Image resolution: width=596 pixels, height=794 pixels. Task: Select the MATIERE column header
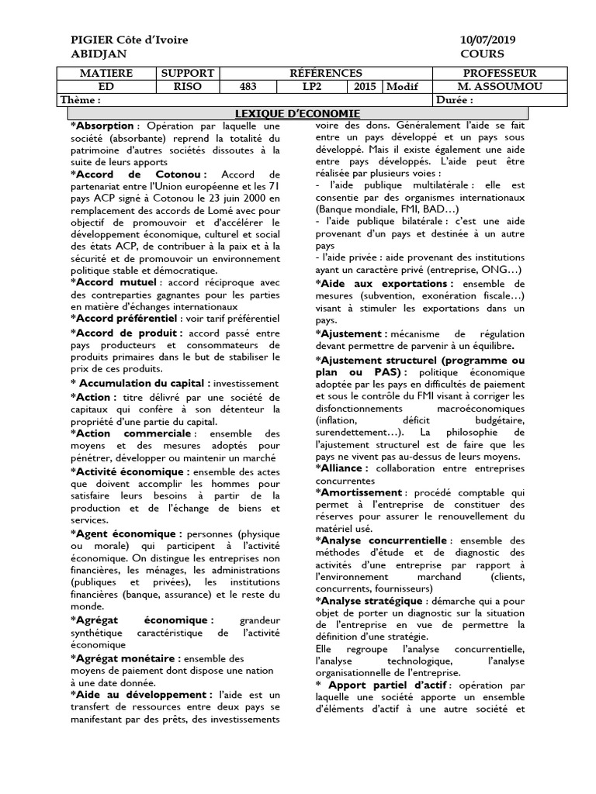[x=106, y=73]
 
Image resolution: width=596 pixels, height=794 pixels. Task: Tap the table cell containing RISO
[x=186, y=87]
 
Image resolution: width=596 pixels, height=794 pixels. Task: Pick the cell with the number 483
[x=248, y=87]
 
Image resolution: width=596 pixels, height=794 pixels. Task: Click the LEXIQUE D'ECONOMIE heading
[x=297, y=113]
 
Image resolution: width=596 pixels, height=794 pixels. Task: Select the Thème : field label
[x=81, y=100]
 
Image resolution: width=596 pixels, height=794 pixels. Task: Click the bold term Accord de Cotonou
[x=140, y=175]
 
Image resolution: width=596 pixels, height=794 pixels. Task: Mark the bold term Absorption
[x=104, y=126]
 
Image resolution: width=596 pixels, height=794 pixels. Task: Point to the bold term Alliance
[x=344, y=468]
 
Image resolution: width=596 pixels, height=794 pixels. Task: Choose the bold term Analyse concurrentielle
[x=383, y=540]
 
